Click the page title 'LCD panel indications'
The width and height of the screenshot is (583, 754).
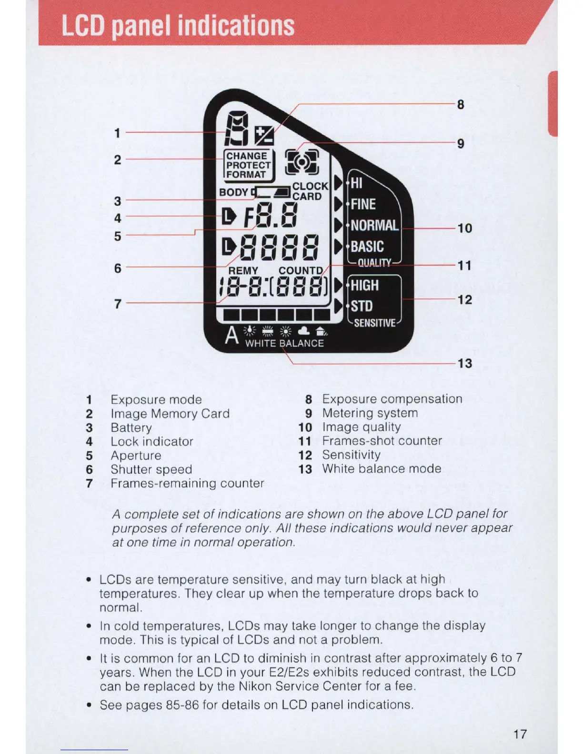pyautogui.click(x=178, y=26)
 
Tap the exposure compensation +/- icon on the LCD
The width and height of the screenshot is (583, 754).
pyautogui.click(x=264, y=136)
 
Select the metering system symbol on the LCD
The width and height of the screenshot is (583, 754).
pyautogui.click(x=302, y=162)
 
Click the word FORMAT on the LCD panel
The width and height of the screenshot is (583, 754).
pyautogui.click(x=246, y=175)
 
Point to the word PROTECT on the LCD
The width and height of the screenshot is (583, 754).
pyautogui.click(x=248, y=165)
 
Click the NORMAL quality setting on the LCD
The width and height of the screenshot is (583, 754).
pyautogui.click(x=374, y=225)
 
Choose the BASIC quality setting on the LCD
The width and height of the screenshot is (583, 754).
pyautogui.click(x=367, y=247)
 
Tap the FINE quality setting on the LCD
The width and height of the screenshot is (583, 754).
pyautogui.click(x=363, y=204)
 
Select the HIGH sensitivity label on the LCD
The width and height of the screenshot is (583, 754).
pyautogui.click(x=365, y=286)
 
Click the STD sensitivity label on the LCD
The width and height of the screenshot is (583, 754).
pyautogui.click(x=362, y=306)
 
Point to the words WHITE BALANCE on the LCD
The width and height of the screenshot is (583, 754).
pyautogui.click(x=284, y=343)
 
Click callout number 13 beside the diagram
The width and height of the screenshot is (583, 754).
pyautogui.click(x=465, y=364)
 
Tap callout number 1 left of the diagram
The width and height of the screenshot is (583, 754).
pyautogui.click(x=117, y=133)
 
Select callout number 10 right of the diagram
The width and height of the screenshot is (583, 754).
pyautogui.click(x=465, y=228)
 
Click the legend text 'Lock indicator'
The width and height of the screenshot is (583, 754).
pyautogui.click(x=152, y=442)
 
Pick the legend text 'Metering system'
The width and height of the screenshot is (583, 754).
pyautogui.click(x=370, y=413)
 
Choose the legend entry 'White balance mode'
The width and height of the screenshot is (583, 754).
pyautogui.click(x=382, y=469)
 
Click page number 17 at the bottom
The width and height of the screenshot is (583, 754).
pyautogui.click(x=520, y=734)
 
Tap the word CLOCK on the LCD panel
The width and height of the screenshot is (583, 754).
pyautogui.click(x=310, y=186)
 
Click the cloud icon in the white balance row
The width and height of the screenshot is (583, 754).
pyautogui.click(x=304, y=331)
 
